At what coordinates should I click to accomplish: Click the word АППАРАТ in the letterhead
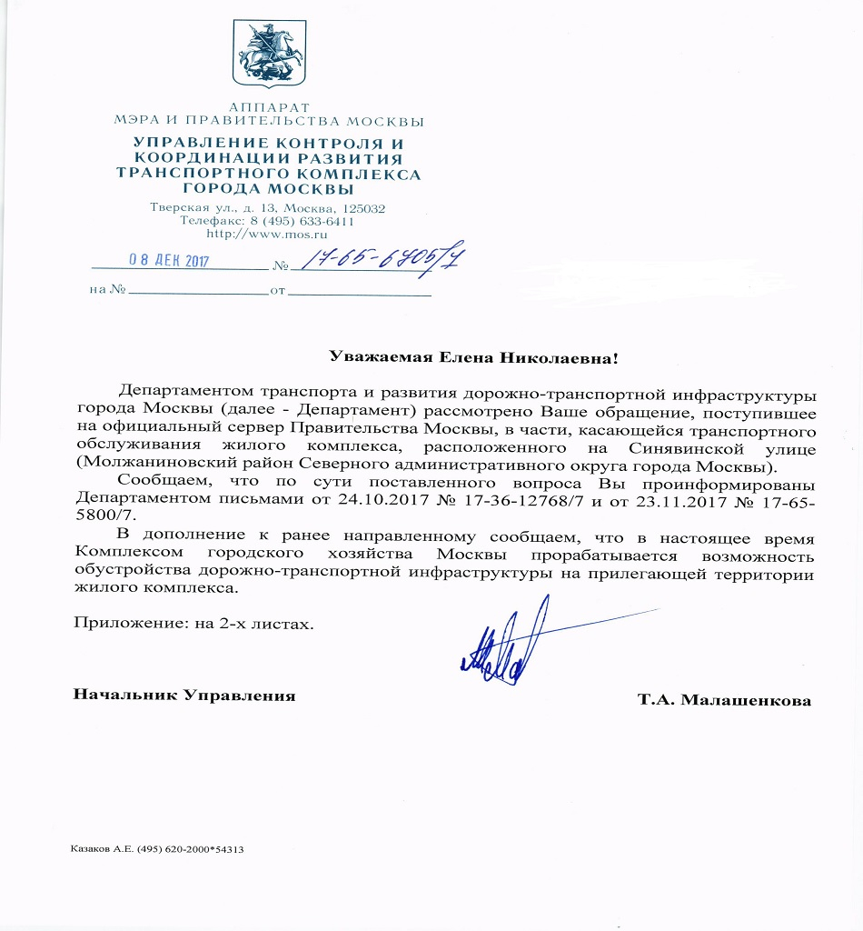click(269, 107)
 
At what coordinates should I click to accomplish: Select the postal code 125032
click(361, 208)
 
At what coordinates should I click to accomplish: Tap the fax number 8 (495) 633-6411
click(301, 221)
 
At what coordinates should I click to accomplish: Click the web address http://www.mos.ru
click(268, 234)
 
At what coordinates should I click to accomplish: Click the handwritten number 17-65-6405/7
click(382, 259)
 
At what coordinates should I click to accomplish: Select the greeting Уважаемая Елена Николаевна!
click(472, 357)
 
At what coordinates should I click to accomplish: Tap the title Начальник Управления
click(184, 696)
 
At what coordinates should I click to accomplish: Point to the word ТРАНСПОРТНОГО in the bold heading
click(213, 175)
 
